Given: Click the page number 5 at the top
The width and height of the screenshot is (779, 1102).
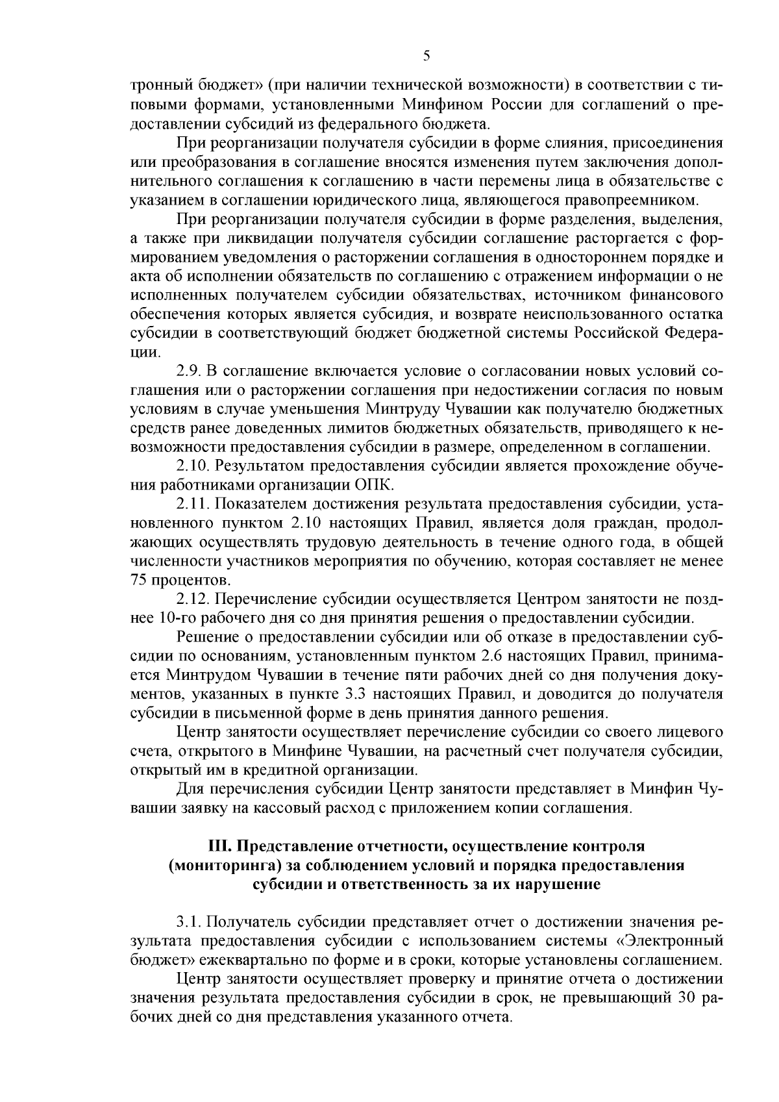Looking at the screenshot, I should pyautogui.click(x=426, y=56).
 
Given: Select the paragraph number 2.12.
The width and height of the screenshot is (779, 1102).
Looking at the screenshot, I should pyautogui.click(x=192, y=598).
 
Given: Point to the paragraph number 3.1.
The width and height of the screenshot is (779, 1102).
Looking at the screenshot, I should pyautogui.click(x=189, y=923).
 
